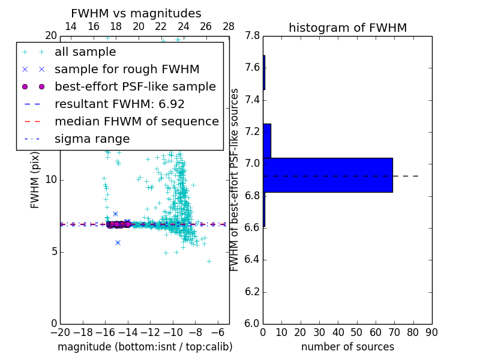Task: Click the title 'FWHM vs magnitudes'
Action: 136,13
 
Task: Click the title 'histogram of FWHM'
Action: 347,28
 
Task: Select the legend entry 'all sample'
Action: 85,52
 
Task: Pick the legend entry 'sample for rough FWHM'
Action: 127,70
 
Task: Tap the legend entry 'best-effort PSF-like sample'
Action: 135,87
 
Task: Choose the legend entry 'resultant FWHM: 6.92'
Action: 119,104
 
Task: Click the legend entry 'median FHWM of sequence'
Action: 136,122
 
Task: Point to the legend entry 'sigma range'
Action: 92,139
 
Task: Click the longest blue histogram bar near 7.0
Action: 328,175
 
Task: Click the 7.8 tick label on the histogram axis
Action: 253,36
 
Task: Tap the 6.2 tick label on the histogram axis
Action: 253,292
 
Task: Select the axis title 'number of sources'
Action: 347,347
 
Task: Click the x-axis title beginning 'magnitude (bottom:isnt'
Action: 145,347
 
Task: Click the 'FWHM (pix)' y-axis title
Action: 35,179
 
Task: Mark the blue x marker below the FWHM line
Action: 118,242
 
